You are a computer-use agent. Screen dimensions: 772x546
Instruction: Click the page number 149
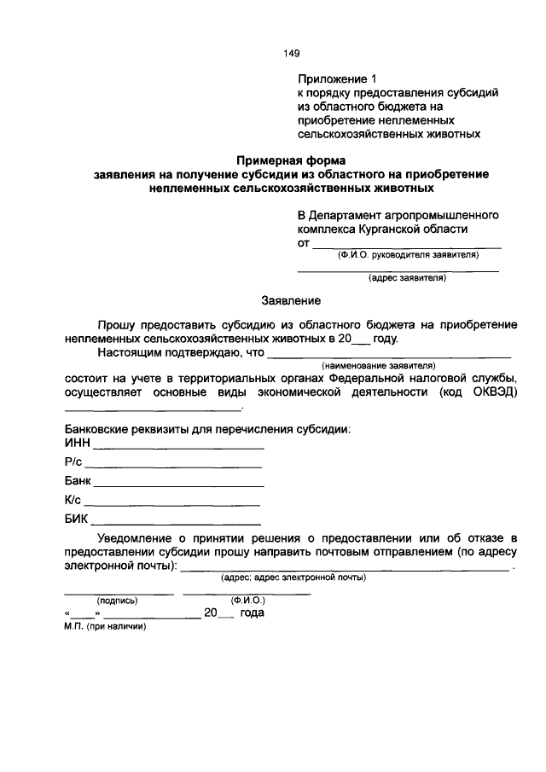coord(291,53)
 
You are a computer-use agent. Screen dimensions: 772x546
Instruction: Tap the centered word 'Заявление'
coord(291,301)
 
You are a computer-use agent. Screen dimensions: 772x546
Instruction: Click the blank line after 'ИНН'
coord(178,447)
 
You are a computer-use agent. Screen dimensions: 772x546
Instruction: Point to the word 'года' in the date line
coord(253,612)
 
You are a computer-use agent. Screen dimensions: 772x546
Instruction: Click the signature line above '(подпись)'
coord(119,592)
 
